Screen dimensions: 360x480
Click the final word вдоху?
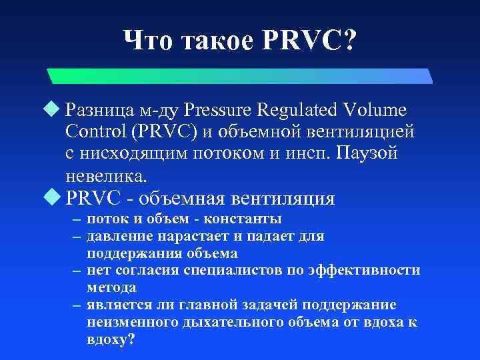coord(111,339)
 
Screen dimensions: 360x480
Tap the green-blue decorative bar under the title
coord(240,75)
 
